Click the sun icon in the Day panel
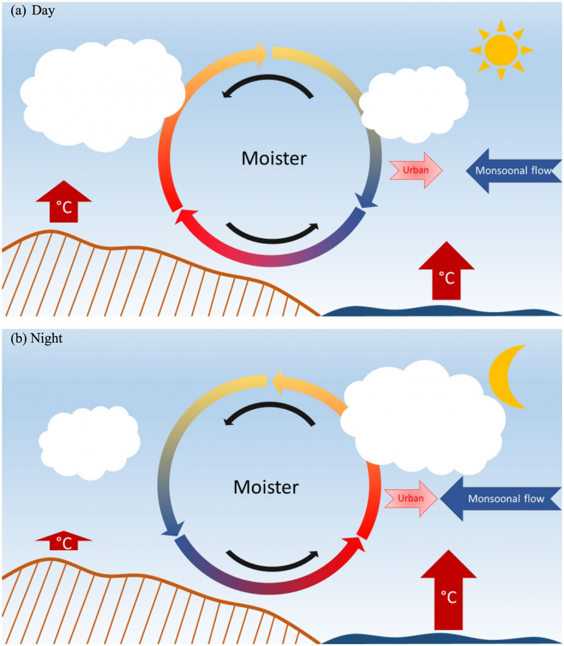[x=501, y=49]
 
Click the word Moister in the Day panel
[x=274, y=159]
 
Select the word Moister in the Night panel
[x=266, y=486]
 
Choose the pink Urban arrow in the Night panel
[x=411, y=499]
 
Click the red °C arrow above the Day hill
[x=64, y=202]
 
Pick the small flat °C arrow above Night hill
[x=64, y=540]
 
